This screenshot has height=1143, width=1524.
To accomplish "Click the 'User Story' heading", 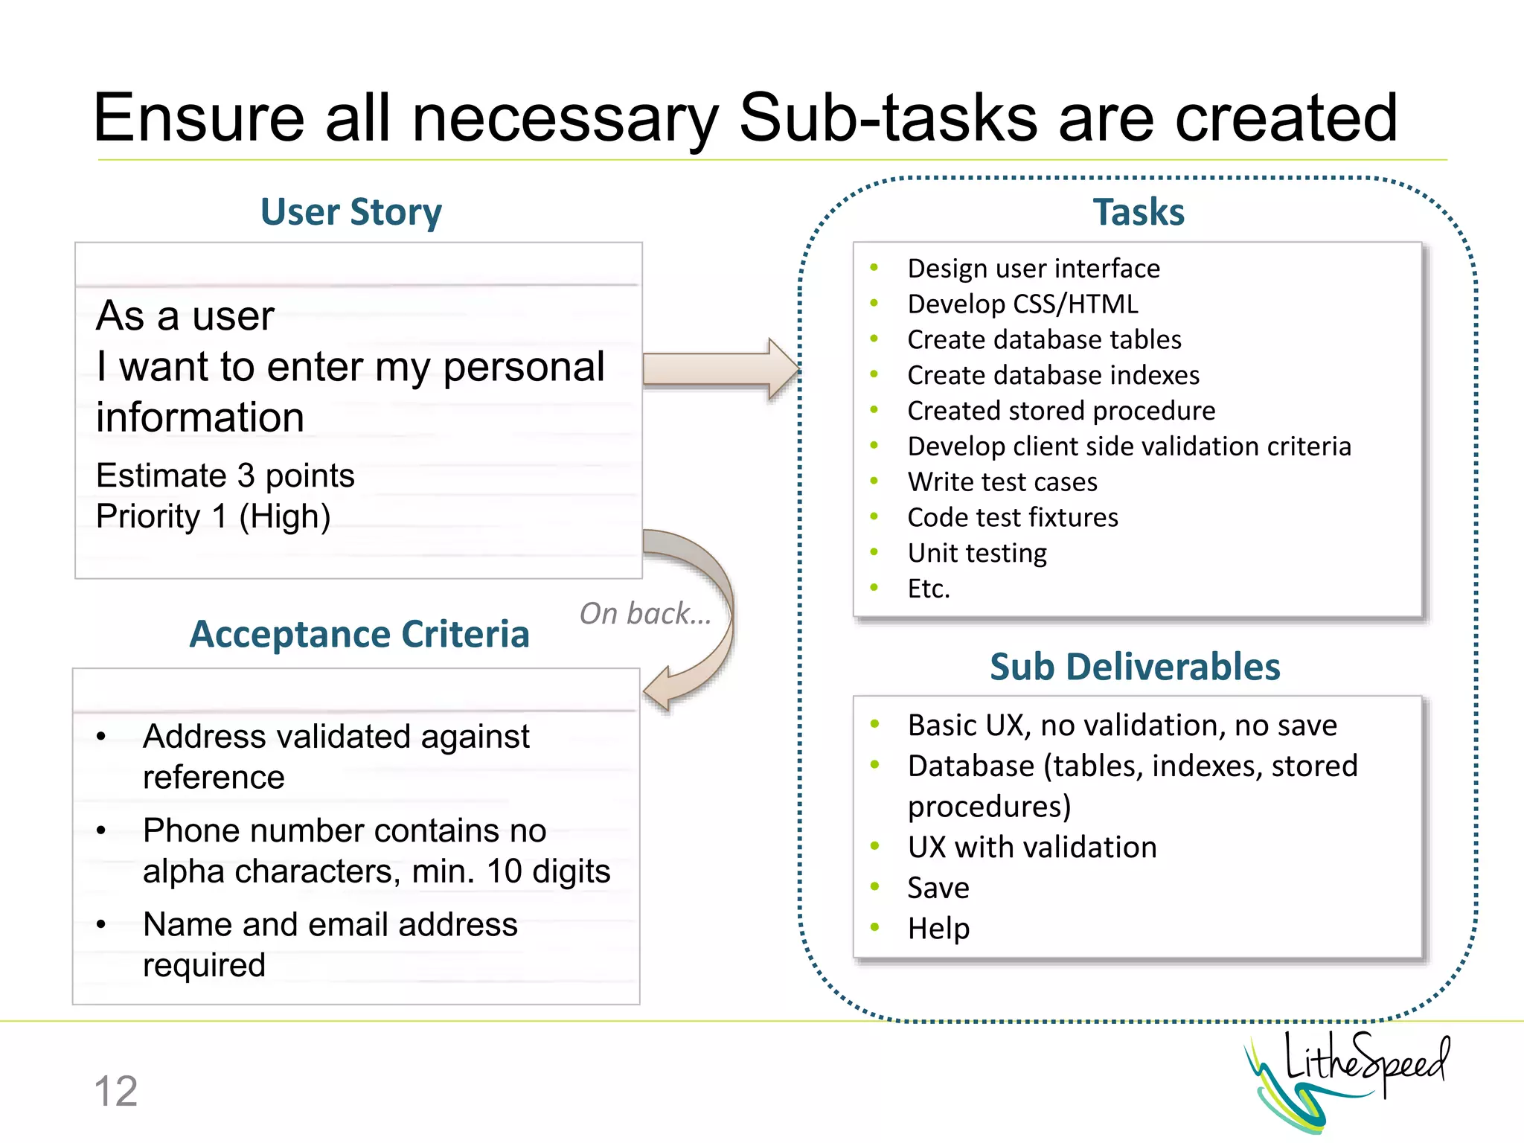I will [350, 212].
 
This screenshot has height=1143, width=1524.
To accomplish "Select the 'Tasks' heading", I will [1138, 212].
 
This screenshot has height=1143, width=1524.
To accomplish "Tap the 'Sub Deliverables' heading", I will [1134, 667].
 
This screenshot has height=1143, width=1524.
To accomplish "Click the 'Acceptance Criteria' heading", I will [359, 635].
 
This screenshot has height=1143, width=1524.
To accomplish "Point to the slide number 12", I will [116, 1092].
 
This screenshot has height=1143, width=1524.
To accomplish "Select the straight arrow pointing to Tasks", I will [719, 369].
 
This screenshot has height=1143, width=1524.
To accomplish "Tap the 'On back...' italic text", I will [644, 614].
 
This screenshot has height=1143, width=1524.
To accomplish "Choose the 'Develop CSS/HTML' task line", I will [1022, 304].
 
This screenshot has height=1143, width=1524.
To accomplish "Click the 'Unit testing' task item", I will [976, 554].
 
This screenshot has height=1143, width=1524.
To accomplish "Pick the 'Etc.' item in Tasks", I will [928, 589].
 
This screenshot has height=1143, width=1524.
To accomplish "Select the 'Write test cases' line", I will [1002, 482].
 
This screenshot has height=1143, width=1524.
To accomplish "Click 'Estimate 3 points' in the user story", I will [225, 476].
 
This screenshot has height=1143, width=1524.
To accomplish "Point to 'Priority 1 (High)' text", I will [213, 516].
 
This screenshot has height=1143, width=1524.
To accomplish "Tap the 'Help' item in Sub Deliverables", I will [938, 929].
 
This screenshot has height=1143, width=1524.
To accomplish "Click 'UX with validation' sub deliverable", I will [1031, 848].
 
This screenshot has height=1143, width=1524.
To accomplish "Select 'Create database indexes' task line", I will [1053, 375].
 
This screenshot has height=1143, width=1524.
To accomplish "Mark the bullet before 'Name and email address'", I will [101, 925].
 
